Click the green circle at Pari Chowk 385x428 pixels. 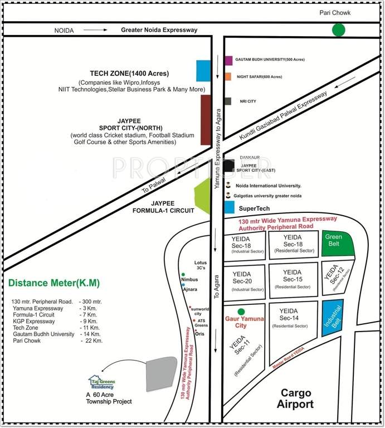coord(338,30)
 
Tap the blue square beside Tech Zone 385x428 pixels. coord(203,71)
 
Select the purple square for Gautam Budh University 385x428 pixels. coord(228,60)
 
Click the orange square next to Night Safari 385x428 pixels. coord(228,77)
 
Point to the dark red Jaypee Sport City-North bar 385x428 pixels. coord(206,120)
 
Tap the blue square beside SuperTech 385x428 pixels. coord(229,208)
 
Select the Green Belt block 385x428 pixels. coord(338,244)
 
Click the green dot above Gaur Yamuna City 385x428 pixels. coord(241,312)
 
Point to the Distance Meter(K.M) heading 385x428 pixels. coord(54,283)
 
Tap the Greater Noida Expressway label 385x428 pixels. coord(159,30)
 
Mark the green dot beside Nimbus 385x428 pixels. coord(183,275)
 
